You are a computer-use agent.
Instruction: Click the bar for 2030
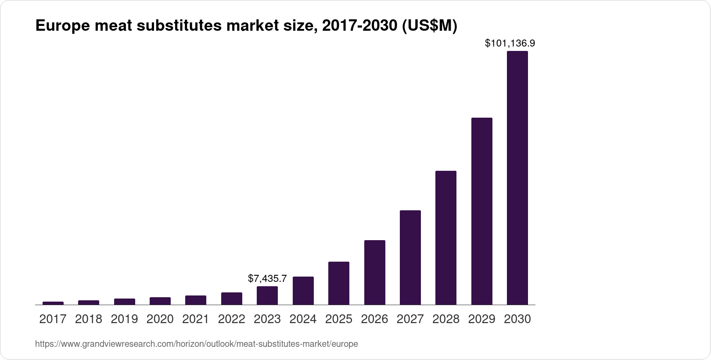517,178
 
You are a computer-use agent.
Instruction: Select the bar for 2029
481,211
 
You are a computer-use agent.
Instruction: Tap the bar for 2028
445,238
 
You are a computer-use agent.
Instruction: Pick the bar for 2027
410,257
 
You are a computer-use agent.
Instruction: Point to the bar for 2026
374,272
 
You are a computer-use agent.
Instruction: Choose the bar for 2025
338,283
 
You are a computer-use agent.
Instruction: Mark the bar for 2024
303,291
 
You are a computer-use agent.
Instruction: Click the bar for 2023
267,295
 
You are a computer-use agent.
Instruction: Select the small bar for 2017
53,303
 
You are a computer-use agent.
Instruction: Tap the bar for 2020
160,301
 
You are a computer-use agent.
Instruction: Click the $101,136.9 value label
510,43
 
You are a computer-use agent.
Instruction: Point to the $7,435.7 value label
267,278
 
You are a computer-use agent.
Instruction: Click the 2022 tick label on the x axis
231,319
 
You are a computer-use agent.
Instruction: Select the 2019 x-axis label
124,319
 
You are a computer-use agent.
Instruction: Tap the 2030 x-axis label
517,319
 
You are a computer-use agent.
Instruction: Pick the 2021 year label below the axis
195,319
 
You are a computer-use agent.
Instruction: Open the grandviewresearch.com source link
196,344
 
